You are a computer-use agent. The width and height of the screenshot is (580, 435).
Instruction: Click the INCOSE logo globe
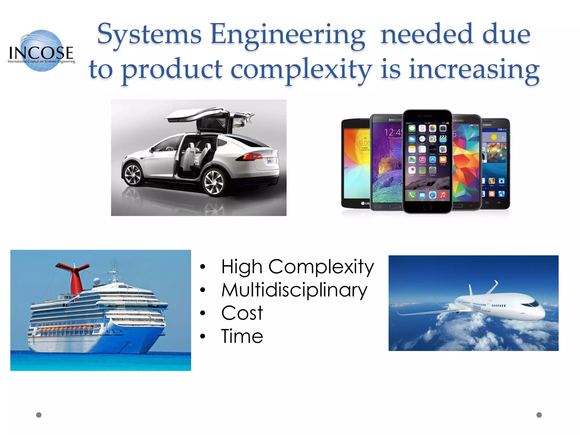[x=42, y=50]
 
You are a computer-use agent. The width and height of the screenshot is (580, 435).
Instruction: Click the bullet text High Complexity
[x=297, y=267]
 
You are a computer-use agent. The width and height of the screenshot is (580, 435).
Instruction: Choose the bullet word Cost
[x=242, y=313]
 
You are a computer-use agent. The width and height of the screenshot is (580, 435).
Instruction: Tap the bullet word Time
[x=242, y=336]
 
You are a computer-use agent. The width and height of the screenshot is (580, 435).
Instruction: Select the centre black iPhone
[x=427, y=161]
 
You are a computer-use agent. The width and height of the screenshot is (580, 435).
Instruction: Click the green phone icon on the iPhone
[x=412, y=195]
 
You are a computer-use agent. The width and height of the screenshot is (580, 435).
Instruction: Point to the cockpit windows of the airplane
[x=530, y=304]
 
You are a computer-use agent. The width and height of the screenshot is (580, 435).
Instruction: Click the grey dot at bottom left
[x=39, y=415]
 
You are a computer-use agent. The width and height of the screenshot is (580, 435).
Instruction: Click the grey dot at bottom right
[x=539, y=415]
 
